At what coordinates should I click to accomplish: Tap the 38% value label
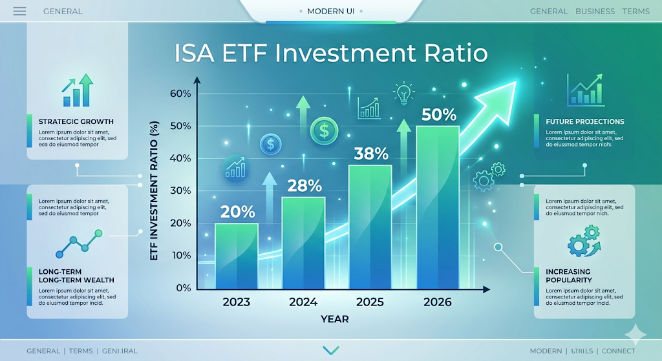[x=371, y=154]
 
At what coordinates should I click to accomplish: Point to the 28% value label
[x=304, y=185]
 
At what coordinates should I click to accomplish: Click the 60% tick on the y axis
[x=180, y=94]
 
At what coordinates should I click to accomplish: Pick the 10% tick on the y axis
[x=180, y=256]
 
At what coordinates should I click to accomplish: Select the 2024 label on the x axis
[x=303, y=302]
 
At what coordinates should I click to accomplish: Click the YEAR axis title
[x=334, y=319]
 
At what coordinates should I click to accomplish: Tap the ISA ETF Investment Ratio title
[x=331, y=53]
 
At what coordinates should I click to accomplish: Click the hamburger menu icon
[x=19, y=11]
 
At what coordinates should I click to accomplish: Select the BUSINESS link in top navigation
[x=595, y=11]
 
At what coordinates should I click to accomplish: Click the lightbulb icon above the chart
[x=403, y=94]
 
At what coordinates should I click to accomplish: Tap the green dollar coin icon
[x=323, y=130]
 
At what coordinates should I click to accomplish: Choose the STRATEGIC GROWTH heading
[x=76, y=121]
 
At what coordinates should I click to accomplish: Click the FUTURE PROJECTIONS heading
[x=584, y=121]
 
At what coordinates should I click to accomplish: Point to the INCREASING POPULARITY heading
[x=569, y=276]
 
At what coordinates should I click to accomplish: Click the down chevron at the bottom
[x=330, y=350]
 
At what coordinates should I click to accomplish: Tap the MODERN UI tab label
[x=330, y=11]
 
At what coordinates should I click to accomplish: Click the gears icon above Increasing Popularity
[x=584, y=241]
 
